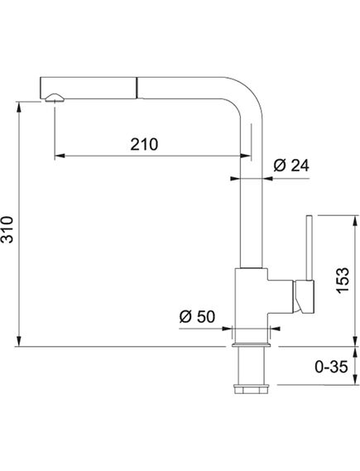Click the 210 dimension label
[144, 144]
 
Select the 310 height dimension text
[7, 229]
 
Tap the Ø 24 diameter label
[291, 166]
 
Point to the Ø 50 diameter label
[197, 316]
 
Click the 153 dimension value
[343, 280]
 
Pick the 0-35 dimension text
[331, 367]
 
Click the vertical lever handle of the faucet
[310, 248]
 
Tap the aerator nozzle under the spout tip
[55, 98]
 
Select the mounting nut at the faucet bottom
[252, 388]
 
